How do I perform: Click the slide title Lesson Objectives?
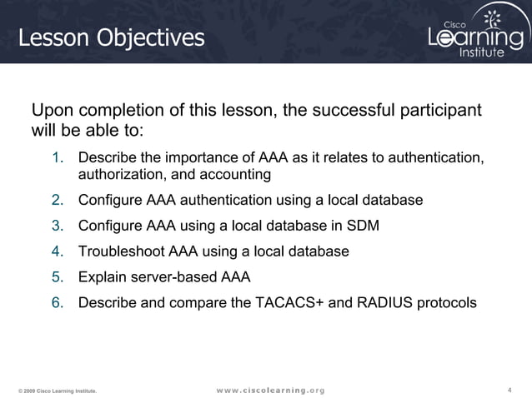tap(111, 37)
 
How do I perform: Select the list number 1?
tap(58, 158)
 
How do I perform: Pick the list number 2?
tap(58, 201)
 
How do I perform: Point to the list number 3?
tap(58, 226)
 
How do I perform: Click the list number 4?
tap(58, 251)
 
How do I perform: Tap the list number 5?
tap(58, 276)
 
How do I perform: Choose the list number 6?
tap(58, 302)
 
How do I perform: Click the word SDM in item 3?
tap(364, 226)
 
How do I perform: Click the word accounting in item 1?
tap(233, 175)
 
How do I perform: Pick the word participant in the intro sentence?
tap(441, 112)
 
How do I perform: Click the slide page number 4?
tap(509, 390)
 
